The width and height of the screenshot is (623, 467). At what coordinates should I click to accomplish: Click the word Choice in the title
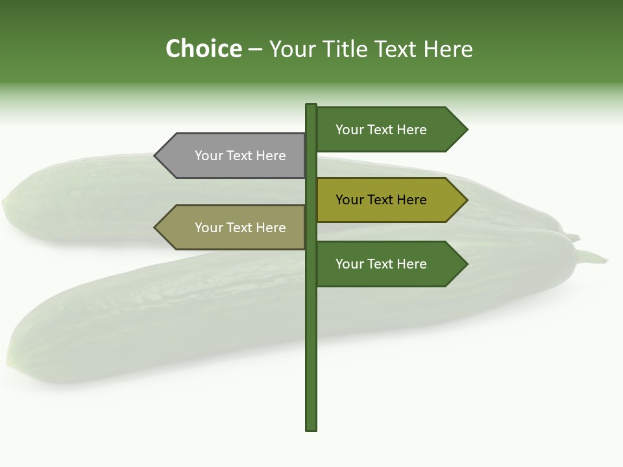(x=203, y=49)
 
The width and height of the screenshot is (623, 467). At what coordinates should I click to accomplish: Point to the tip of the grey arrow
(x=156, y=156)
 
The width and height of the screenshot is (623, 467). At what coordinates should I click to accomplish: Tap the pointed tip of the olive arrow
(x=466, y=200)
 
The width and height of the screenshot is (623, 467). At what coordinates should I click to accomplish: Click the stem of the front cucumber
(x=592, y=257)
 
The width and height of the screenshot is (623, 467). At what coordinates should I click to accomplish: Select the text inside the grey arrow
(x=240, y=156)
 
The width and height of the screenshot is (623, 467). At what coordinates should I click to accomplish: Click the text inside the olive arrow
(x=381, y=200)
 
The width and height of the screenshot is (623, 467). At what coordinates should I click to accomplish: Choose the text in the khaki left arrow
(x=240, y=228)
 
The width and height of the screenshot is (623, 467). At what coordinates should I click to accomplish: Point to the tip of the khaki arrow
(x=156, y=228)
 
